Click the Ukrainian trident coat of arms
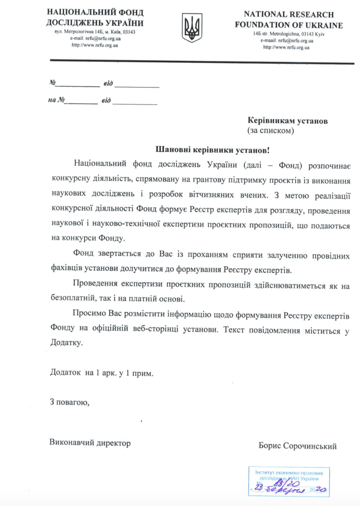coord(192,28)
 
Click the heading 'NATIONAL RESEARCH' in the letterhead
coord(288,14)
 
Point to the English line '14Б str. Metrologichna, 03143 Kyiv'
coord(288,34)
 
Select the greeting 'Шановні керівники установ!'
coord(212,150)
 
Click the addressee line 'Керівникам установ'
coord(287,121)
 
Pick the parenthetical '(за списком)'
coord(271,131)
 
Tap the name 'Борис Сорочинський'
coord(297,446)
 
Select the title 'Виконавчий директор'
coord(90,443)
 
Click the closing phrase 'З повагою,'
coord(69,402)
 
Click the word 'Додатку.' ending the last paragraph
coord(67,342)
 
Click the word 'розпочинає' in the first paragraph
coord(329,165)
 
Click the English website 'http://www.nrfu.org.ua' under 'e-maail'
coord(286,47)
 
